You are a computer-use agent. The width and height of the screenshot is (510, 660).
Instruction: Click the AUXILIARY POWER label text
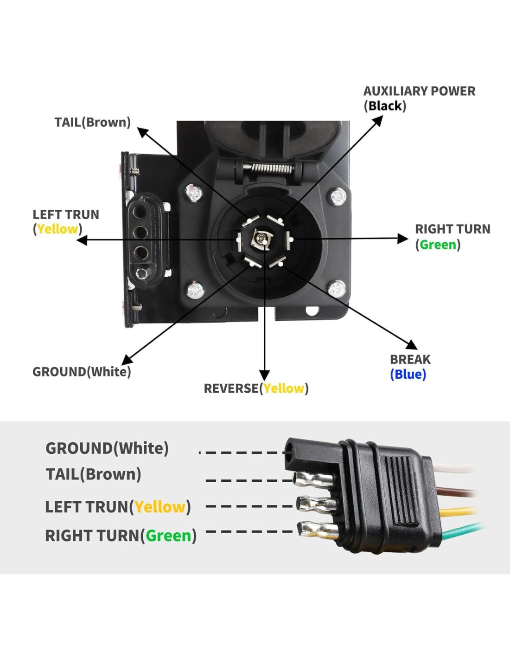[419, 91]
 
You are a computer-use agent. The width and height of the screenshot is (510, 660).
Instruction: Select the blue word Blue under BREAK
[408, 374]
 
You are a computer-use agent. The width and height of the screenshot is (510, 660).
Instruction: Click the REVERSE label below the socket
[231, 388]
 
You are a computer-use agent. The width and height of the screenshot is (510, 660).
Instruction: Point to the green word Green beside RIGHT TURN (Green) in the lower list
[168, 536]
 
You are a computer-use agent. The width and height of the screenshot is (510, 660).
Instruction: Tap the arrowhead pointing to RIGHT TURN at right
[402, 239]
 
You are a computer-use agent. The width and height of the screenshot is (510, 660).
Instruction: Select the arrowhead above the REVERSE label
[264, 375]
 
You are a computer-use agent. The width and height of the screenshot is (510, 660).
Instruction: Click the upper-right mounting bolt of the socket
[338, 197]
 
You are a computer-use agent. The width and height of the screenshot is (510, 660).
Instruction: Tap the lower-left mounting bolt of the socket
[195, 291]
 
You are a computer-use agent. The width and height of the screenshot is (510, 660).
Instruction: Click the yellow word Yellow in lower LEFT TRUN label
[160, 507]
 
